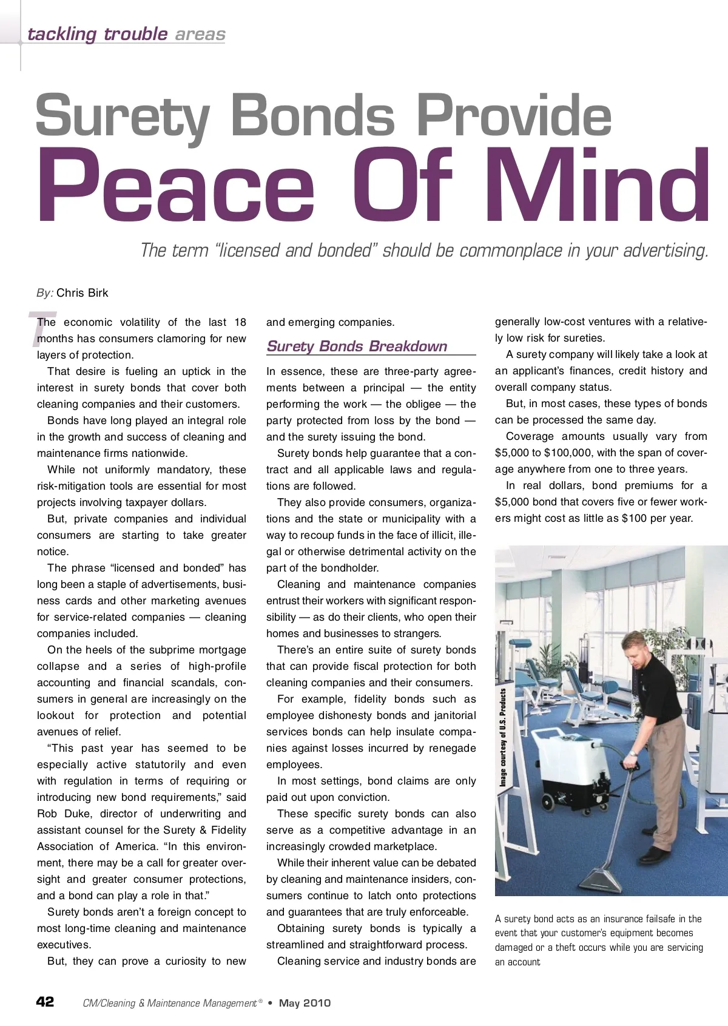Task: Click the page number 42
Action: [x=45, y=1002]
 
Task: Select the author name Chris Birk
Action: [x=82, y=293]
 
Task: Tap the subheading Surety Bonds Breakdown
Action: [x=357, y=346]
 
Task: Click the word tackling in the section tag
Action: [x=62, y=34]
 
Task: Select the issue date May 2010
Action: [x=305, y=1003]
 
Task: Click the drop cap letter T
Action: [x=41, y=328]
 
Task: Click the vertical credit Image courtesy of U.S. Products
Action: [x=503, y=737]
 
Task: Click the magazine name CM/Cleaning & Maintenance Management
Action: [x=170, y=1004]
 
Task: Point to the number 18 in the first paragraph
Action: [x=240, y=322]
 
